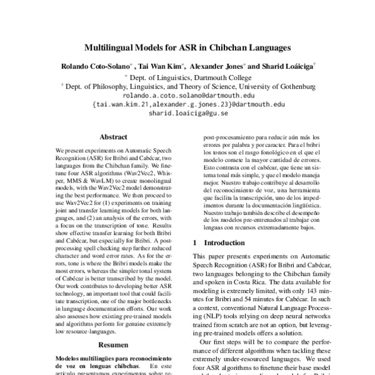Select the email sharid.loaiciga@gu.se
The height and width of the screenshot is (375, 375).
pos(187,114)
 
